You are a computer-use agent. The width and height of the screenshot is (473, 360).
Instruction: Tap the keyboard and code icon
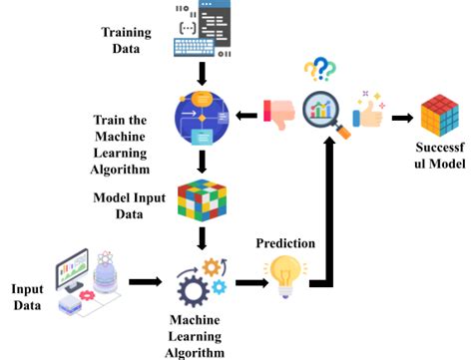pyautogui.click(x=209, y=29)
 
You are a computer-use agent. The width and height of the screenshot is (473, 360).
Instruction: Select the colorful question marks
pyautogui.click(x=318, y=70)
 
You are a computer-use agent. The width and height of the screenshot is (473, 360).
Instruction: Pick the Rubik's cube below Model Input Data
pyautogui.click(x=204, y=199)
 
